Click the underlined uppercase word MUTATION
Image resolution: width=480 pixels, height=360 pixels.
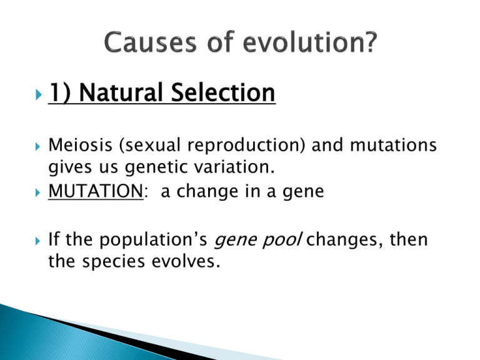[93, 190]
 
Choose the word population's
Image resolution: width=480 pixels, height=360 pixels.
[160, 239]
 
